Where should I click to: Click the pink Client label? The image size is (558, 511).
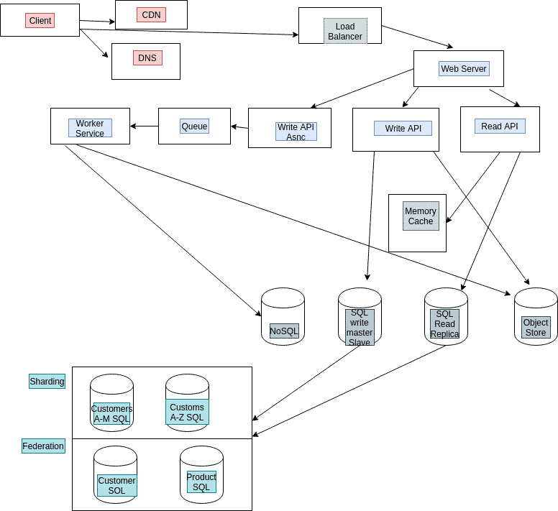pos(40,21)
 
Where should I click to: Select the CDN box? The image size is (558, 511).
pos(151,14)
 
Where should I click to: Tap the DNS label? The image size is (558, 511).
pos(147,57)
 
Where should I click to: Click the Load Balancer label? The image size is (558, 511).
pos(344,32)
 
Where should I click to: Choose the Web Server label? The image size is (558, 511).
pos(464,69)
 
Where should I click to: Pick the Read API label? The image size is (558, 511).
pos(500,126)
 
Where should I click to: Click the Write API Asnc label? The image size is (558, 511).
pos(296,132)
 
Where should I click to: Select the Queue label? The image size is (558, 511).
pos(194,126)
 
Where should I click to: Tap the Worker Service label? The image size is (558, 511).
pos(90,128)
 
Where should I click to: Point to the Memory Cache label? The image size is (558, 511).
pos(421,216)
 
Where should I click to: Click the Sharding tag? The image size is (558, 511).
pos(47,381)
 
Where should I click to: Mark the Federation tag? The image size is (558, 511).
pos(43,446)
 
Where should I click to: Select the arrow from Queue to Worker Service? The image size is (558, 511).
pos(144,126)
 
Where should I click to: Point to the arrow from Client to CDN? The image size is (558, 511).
pos(97,22)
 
